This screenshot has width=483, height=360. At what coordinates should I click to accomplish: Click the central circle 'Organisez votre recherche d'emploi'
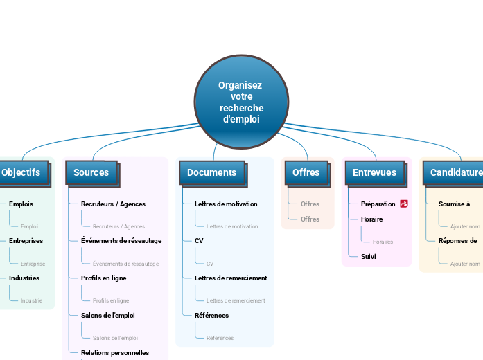(241, 102)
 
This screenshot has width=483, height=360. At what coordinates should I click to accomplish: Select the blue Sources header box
(91, 172)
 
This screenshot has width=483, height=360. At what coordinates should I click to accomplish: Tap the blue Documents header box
(211, 172)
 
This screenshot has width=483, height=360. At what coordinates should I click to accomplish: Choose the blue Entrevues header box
(374, 172)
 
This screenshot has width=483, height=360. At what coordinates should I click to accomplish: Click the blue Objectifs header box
(21, 172)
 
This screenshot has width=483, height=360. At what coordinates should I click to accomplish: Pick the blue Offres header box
(306, 172)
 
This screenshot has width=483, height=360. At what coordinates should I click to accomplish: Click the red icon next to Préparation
(404, 204)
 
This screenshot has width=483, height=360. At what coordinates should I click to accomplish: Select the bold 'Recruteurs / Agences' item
(113, 204)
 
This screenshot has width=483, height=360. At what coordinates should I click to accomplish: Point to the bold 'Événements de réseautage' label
(121, 241)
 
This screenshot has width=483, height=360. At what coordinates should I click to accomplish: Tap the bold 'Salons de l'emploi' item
(107, 315)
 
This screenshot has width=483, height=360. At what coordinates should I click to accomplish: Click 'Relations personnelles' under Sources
(115, 352)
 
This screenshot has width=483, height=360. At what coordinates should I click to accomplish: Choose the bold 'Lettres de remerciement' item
(231, 278)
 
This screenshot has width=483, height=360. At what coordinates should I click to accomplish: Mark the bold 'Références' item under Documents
(211, 315)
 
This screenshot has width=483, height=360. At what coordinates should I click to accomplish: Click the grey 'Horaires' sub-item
(383, 242)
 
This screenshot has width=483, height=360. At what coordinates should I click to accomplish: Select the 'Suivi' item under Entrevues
(368, 256)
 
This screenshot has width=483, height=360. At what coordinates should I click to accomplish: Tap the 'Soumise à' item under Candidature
(454, 204)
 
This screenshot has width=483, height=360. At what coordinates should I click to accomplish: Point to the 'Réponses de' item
(457, 241)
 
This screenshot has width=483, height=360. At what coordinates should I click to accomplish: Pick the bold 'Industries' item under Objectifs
(24, 278)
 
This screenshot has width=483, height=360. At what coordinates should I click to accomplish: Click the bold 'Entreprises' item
(26, 241)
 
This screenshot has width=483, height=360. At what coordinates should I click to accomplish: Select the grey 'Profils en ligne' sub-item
(111, 300)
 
